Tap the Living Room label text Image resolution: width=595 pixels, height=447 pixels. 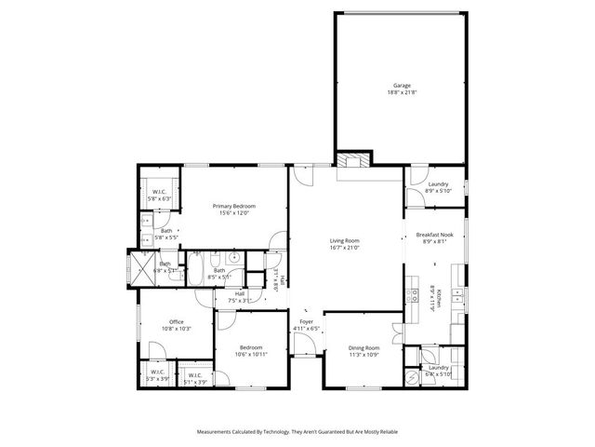[345, 240]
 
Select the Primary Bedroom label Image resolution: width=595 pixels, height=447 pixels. [233, 206]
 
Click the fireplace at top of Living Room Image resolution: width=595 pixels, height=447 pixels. [352, 160]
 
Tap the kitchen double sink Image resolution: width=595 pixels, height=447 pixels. [457, 296]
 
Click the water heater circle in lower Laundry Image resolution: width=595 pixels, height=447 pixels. [412, 376]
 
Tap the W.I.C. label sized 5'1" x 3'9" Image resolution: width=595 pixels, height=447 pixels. [195, 378]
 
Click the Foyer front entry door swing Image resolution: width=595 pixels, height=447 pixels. [303, 346]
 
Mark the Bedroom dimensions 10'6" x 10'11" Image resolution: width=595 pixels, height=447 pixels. [250, 354]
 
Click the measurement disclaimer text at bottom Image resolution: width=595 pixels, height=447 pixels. [297, 432]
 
